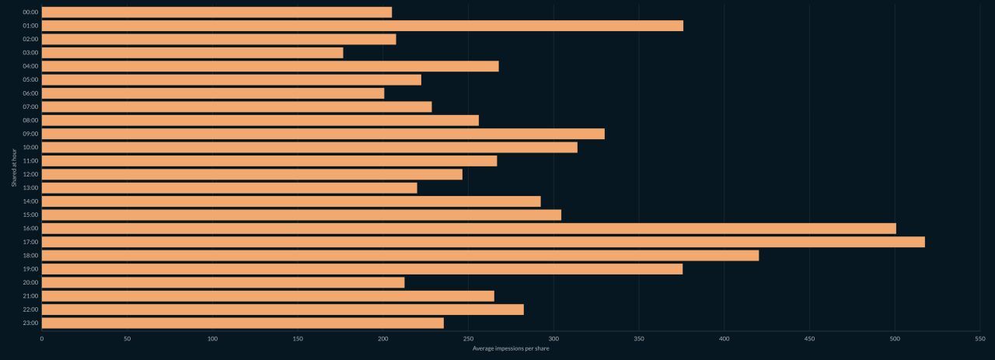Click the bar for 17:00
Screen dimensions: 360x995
483,242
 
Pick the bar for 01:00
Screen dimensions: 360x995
362,26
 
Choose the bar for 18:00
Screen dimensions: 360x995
400,255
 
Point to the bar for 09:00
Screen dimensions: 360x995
323,134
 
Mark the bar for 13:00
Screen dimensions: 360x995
229,187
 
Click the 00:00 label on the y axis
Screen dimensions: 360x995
30,12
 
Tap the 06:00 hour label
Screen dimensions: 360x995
30,93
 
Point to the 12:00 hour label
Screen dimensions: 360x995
30,174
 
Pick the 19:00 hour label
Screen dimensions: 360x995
30,269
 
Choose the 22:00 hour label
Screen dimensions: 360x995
30,309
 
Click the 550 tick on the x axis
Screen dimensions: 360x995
979,338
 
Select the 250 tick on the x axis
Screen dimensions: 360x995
468,338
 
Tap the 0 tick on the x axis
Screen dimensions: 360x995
42,338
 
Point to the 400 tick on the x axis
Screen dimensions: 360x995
724,338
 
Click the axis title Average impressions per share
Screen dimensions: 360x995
511,348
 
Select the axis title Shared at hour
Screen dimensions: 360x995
14,167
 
